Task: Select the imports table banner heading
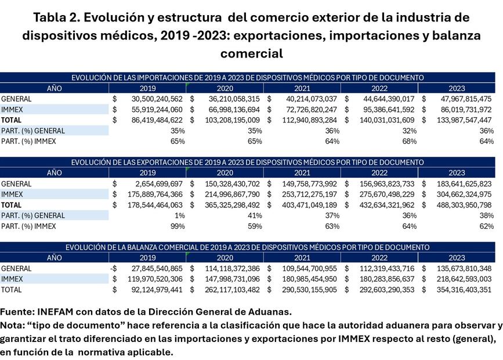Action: tap(247, 77)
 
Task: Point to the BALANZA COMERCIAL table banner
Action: tap(247, 247)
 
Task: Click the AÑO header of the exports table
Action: tap(54, 172)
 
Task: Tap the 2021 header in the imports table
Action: tap(302, 88)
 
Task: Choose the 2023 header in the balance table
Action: tap(457, 257)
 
